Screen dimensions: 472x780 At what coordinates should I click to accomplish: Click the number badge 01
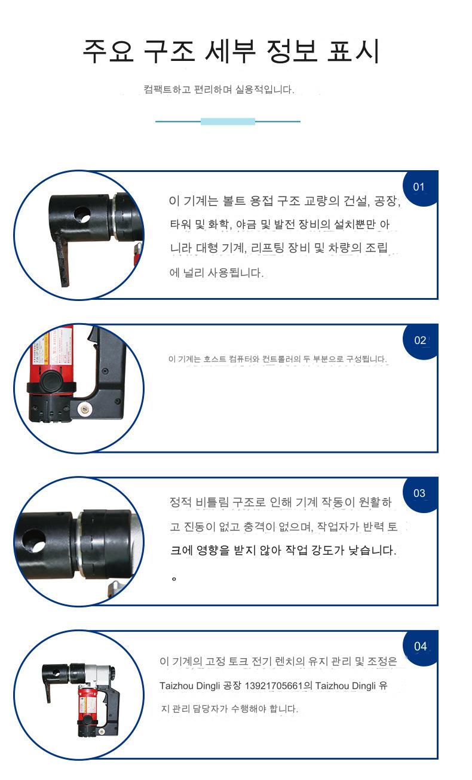pos(419,188)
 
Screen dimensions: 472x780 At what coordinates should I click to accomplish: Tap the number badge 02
pos(420,340)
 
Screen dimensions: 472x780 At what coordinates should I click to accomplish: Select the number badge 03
pos(419,494)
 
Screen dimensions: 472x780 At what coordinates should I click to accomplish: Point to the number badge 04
pos(420,647)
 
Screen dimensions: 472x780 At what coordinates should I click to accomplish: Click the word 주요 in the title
pos(108,51)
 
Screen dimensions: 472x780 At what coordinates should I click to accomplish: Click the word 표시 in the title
pos(353,51)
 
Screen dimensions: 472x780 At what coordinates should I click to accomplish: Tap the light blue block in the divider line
pos(228,121)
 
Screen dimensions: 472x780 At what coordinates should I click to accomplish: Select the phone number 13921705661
pos(274,686)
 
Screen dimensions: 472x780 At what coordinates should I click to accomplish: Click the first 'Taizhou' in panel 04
pos(176,686)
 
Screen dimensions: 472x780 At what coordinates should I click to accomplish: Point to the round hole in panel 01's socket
pos(82,214)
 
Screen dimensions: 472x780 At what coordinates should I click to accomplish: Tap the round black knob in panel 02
pos(50,381)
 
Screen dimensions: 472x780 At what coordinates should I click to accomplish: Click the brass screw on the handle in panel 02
pos(84,409)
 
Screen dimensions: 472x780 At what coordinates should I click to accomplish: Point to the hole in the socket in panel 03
pos(34,540)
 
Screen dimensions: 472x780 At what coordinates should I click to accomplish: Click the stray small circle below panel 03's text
pos(174,579)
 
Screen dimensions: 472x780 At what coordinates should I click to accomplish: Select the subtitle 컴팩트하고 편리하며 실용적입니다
pos(219,90)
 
